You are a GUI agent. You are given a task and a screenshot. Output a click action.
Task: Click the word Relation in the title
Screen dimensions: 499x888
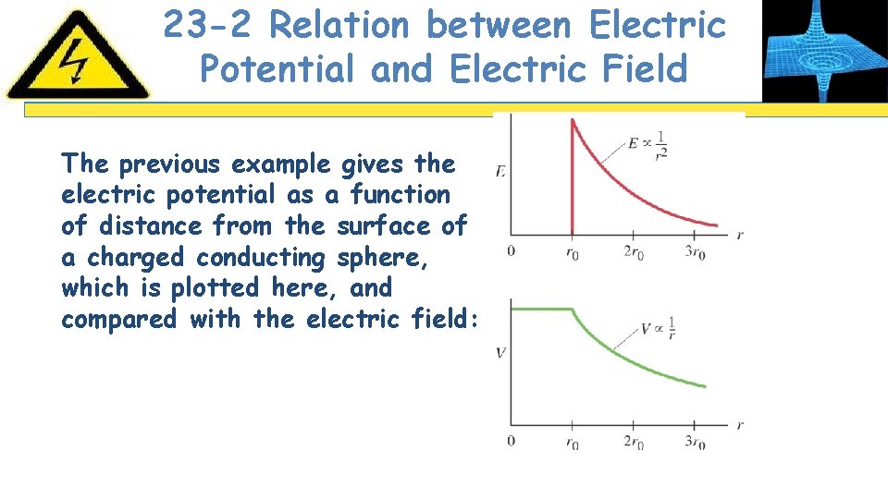(339, 25)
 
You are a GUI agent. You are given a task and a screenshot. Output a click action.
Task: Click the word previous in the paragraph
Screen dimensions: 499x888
(171, 164)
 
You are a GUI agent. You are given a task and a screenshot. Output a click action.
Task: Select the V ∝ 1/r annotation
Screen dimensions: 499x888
(658, 327)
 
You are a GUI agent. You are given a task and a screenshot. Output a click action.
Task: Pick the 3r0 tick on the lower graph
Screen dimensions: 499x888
(696, 442)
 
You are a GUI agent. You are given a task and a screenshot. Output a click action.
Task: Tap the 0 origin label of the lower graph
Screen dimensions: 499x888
(512, 441)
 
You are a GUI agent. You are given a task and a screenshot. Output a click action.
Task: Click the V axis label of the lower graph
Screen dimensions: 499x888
(500, 352)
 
